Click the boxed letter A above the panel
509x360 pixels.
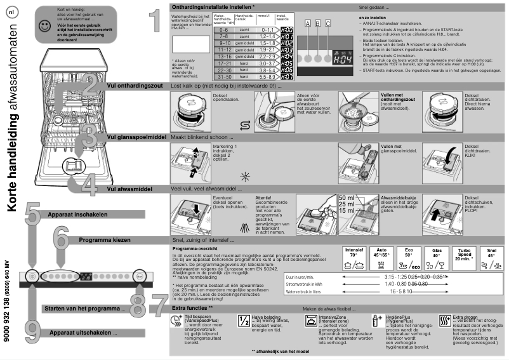coord(308,23)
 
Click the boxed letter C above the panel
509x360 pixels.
coord(328,23)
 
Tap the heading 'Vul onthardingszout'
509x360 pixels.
coord(136,84)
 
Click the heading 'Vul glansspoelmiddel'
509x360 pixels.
coord(136,137)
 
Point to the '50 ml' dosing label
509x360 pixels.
coord(347,198)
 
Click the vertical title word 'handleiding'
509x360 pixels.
coord(14,169)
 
